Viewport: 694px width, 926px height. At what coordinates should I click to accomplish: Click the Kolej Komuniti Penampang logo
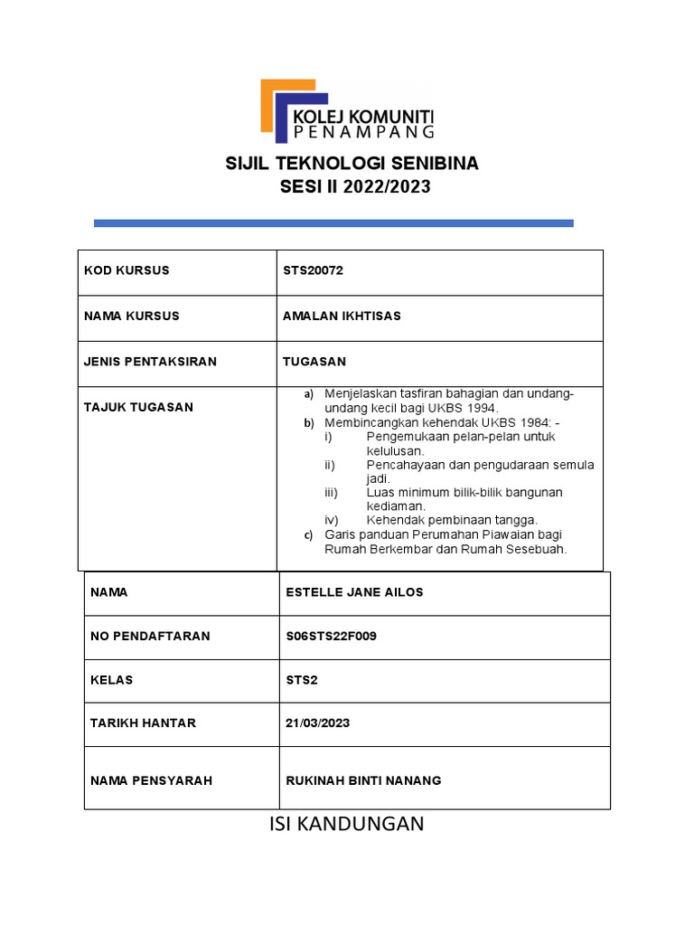point(347,111)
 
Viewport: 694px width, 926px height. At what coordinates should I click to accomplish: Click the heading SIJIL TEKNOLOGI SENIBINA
point(352,164)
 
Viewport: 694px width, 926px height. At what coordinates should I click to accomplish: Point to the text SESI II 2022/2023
point(352,187)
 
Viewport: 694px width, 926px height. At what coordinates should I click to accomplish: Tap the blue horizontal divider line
point(333,222)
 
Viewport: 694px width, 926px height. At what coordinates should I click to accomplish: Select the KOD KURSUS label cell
point(127,270)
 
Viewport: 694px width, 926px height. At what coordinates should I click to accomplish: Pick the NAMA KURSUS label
point(132,316)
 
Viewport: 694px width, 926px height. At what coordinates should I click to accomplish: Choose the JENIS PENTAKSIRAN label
point(150,362)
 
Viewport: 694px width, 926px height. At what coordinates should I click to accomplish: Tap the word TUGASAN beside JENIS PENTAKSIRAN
point(314,362)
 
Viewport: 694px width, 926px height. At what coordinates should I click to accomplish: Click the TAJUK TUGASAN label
point(138,407)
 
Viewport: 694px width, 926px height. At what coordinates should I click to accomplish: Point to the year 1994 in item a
point(482,409)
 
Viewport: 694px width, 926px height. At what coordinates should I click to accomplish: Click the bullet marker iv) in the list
point(331,520)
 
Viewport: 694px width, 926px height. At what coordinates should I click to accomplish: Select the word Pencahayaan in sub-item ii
point(407,465)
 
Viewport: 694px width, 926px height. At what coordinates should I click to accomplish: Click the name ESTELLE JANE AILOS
point(354,592)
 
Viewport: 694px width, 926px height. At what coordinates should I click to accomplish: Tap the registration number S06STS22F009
point(331,636)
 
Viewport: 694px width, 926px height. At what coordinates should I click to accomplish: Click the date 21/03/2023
point(317,723)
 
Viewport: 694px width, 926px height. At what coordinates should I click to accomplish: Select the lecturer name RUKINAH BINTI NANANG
point(363,780)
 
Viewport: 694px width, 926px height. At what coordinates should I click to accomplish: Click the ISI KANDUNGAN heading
point(347,824)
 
